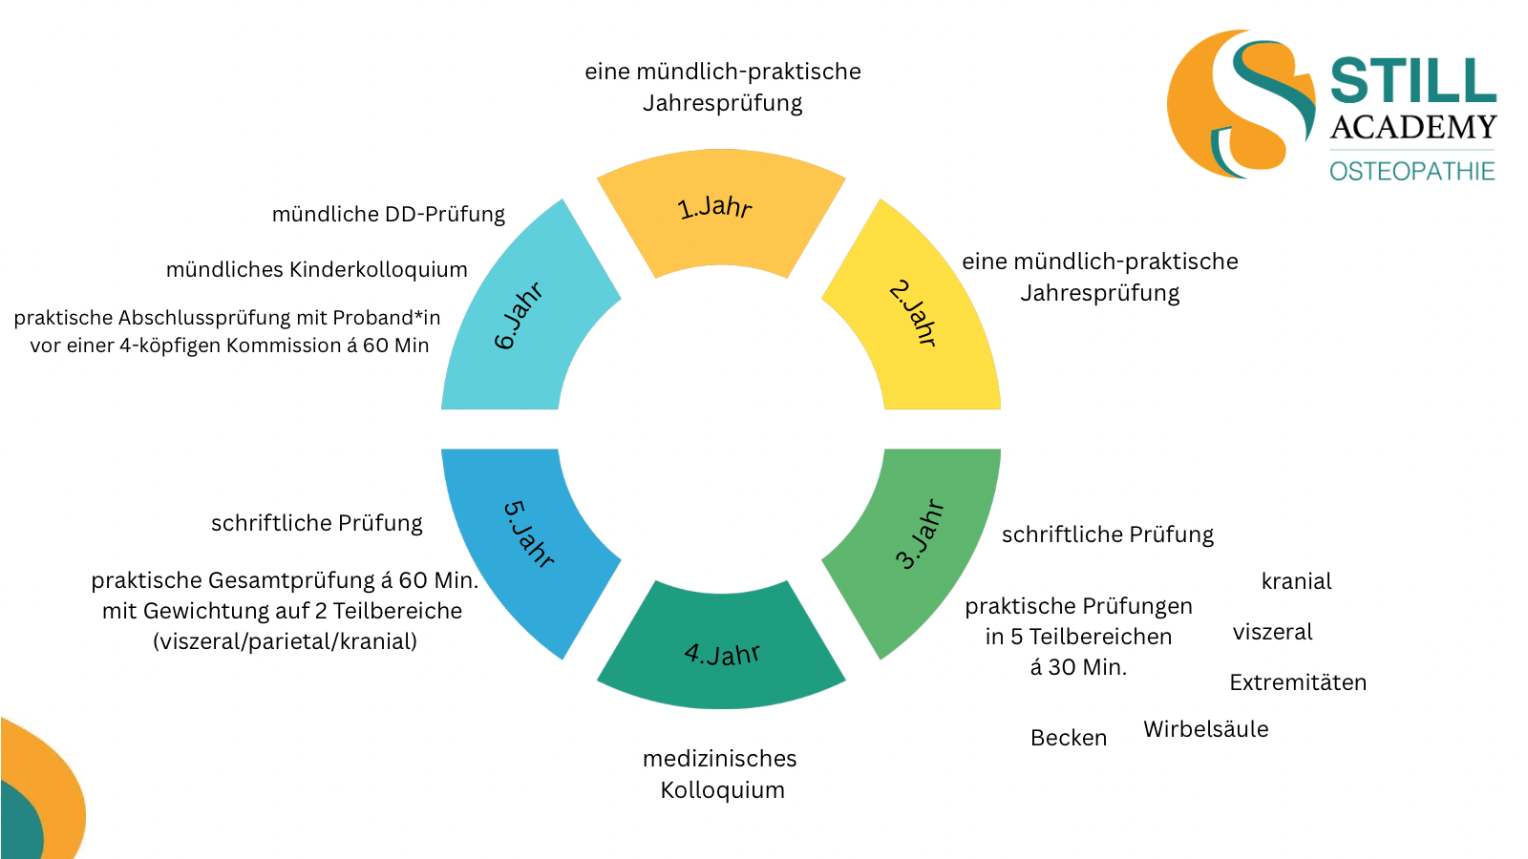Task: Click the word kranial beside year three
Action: click(1296, 581)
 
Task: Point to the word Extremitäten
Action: click(1298, 682)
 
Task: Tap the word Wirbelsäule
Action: click(1206, 729)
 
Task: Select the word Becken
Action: click(1069, 738)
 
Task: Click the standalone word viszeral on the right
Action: click(1272, 632)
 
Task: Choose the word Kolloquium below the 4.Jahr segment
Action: click(722, 790)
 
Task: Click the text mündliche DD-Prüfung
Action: click(389, 215)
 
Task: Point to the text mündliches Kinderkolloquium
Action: click(317, 270)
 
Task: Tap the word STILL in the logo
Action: click(1412, 81)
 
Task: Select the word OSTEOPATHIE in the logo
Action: click(1412, 172)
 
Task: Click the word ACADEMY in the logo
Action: click(1412, 128)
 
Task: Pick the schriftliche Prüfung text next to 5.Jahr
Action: click(317, 523)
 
